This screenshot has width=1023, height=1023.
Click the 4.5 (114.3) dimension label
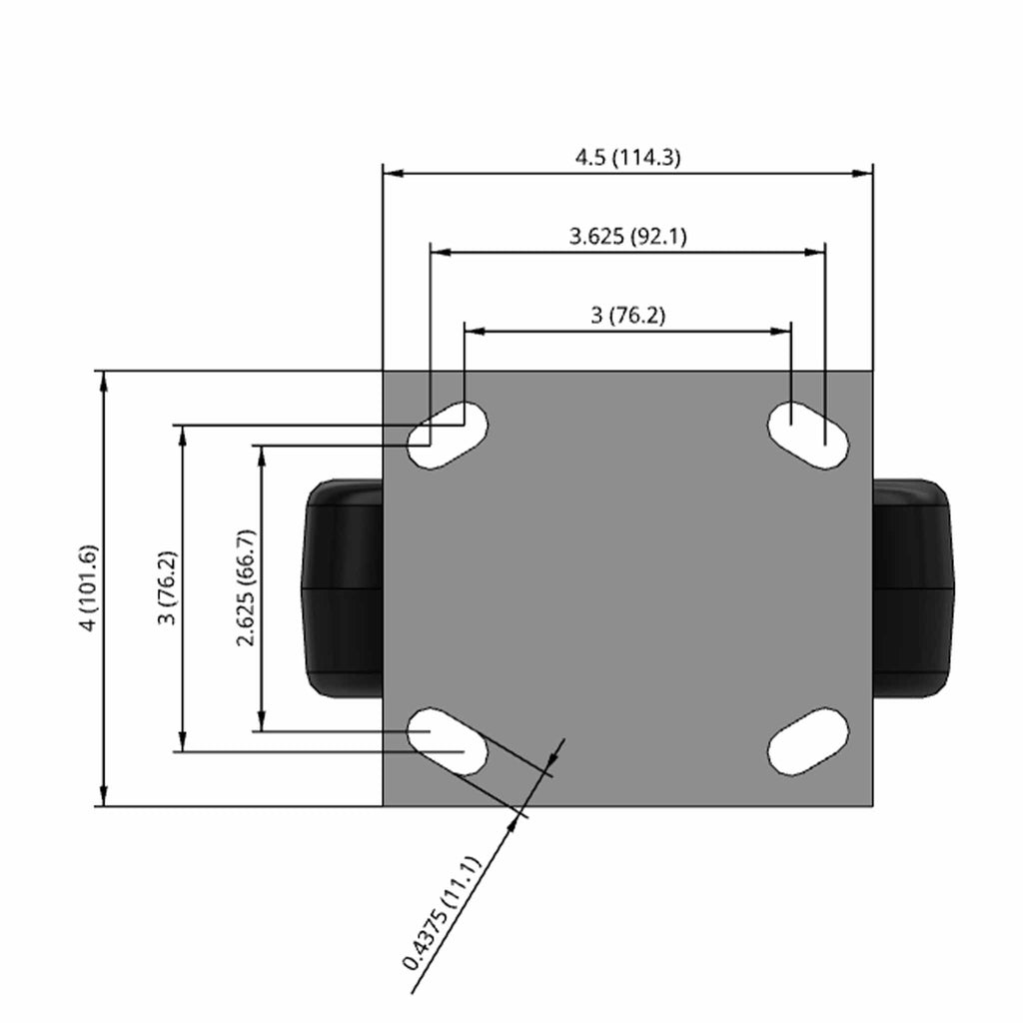click(x=627, y=157)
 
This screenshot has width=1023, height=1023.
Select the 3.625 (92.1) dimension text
click(x=627, y=236)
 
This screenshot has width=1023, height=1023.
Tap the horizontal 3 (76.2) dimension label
click(x=627, y=316)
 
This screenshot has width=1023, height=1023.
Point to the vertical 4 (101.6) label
click(x=89, y=587)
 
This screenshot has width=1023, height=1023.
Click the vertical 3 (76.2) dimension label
click(x=168, y=587)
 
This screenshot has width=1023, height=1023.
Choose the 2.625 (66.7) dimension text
click(x=247, y=587)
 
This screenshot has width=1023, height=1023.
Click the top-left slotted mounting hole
click(x=448, y=435)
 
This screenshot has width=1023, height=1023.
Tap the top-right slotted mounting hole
click(x=807, y=435)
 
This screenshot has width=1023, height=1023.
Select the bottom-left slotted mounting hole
click(x=448, y=741)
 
